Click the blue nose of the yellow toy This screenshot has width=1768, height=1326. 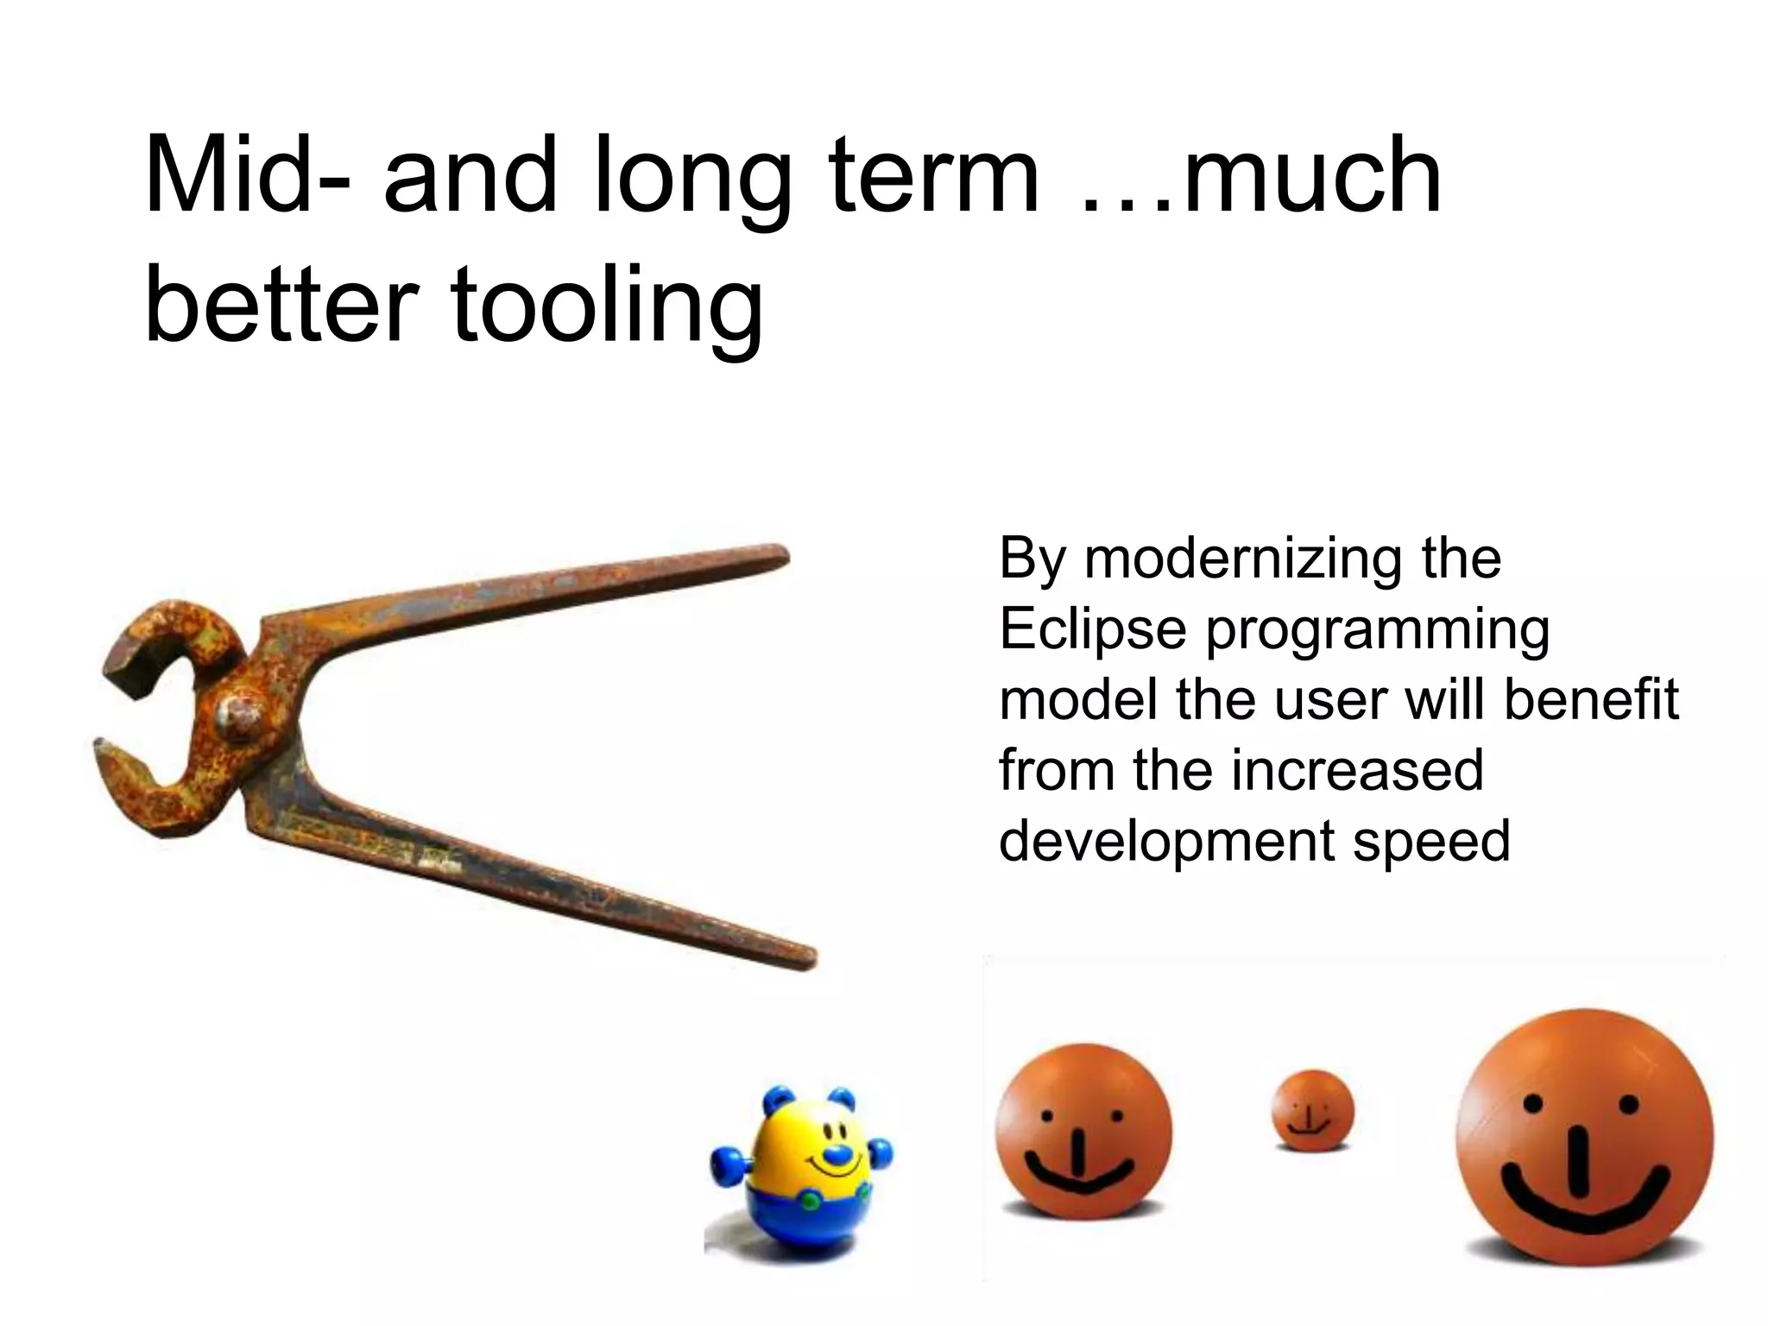(835, 1153)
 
